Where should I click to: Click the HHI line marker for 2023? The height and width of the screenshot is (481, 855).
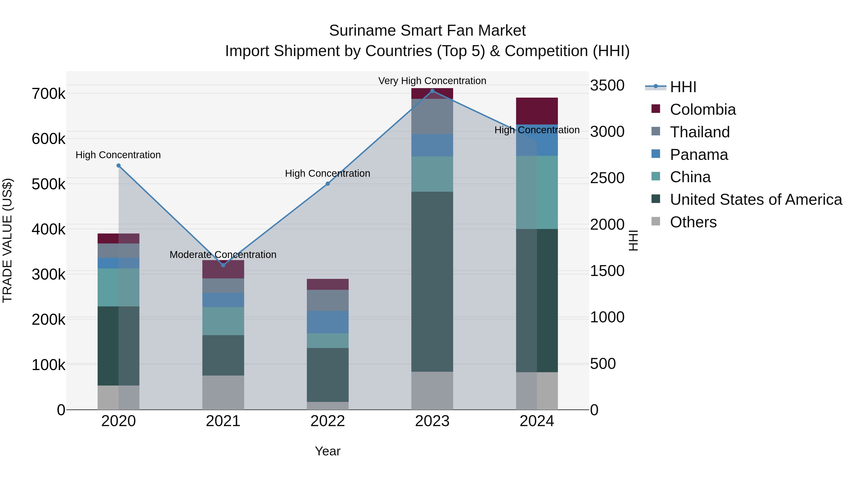pos(432,91)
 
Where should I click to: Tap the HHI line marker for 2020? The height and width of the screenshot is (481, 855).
pos(119,166)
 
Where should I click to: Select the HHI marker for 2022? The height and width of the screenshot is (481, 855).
pos(328,184)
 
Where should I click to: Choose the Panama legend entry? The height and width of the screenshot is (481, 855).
pos(699,155)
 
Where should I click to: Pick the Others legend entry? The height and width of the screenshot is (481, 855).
pos(693,222)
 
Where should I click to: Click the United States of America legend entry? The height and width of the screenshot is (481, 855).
pos(755,200)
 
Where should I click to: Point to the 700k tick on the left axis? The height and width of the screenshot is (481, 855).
pos(48,94)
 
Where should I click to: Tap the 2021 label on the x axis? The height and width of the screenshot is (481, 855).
pos(223,421)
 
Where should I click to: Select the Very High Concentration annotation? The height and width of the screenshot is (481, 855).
pos(432,81)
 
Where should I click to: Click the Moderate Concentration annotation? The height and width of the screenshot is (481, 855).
pos(223,255)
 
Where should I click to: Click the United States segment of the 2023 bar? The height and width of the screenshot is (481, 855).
pos(432,281)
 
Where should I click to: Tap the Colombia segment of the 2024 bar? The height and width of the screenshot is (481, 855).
pos(537,111)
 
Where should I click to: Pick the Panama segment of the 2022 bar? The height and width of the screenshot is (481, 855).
pos(328,322)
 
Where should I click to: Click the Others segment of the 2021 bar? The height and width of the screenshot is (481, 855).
pos(223,392)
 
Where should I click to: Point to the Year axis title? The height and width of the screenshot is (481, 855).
pos(328,451)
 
